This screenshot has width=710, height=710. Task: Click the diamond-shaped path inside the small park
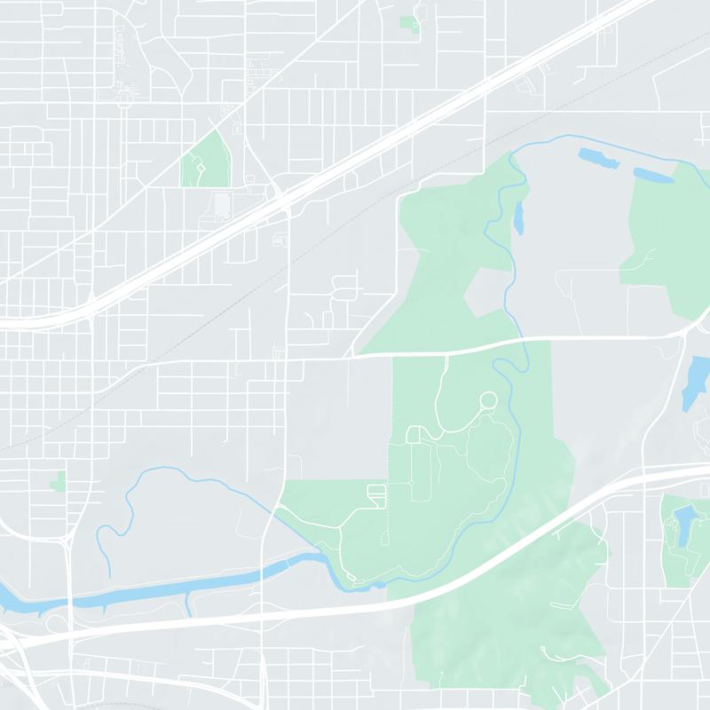click(201, 168)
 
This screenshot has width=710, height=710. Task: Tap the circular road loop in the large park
click(487, 401)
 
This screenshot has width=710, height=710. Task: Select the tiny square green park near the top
click(409, 23)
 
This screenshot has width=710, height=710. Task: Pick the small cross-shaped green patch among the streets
click(59, 482)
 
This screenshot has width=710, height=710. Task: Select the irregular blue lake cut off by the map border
click(697, 382)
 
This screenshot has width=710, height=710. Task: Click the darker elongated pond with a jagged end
click(599, 159)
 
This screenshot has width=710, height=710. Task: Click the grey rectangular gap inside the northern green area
click(486, 293)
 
